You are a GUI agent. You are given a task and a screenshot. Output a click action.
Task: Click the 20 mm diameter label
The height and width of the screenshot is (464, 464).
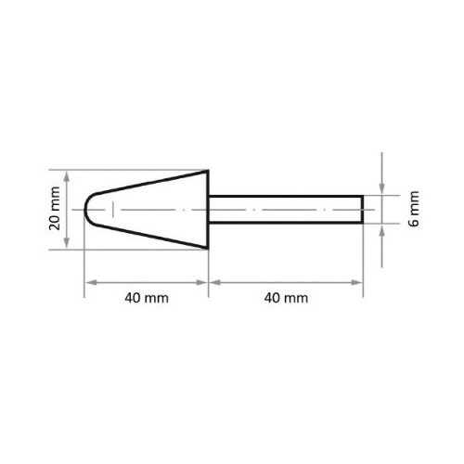coord(57,210)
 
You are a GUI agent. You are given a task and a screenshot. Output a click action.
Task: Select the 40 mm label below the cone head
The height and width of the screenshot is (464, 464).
coord(145,299)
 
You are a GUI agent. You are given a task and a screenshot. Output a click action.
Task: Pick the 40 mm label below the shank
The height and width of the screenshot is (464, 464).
coord(284,299)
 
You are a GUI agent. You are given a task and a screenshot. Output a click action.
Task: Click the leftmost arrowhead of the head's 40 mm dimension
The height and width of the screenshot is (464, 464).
coord(90,281)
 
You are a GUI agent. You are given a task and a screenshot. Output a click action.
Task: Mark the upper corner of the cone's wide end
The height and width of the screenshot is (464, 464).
coord(206,171)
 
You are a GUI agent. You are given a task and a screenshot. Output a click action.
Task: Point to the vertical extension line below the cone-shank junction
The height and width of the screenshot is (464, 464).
coord(206,271)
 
